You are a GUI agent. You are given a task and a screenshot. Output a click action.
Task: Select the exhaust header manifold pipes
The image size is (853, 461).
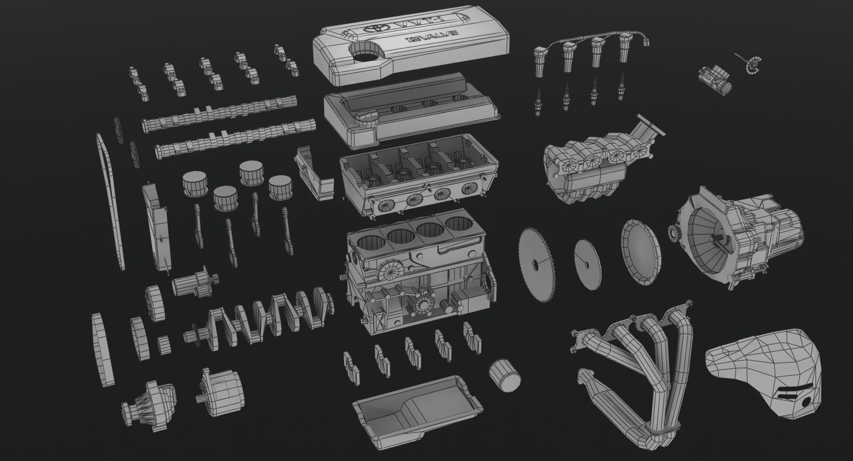tap(634, 363)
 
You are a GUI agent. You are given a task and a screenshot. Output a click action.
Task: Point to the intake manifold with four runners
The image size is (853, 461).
tap(599, 164)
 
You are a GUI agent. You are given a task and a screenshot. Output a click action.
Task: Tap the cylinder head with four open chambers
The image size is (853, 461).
tap(418, 176)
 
